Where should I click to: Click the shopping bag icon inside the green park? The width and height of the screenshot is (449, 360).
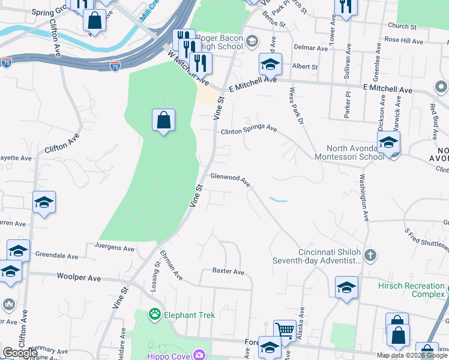163,121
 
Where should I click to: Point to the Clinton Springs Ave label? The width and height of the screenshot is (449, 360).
249,131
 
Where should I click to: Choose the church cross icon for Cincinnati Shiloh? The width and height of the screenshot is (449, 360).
370,256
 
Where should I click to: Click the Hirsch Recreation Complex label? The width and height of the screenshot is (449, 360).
411,290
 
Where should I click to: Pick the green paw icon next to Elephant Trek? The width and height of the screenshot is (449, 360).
155,313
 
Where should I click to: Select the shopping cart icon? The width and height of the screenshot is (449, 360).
285,329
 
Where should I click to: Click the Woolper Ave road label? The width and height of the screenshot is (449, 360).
79,278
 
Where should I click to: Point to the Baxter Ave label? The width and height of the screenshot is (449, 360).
228,272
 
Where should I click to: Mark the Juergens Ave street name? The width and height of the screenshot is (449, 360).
115,247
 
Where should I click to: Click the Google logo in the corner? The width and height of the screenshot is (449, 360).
19,353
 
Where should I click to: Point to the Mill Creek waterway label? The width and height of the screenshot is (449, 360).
149,12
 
